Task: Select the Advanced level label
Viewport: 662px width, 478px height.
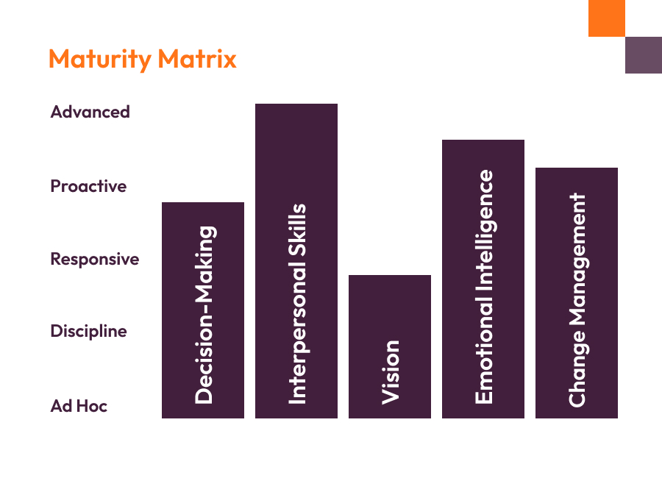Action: [x=90, y=112]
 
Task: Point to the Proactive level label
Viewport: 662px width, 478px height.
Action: [x=88, y=186]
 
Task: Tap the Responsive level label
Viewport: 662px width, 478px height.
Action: [x=94, y=259]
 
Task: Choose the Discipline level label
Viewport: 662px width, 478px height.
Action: [x=88, y=331]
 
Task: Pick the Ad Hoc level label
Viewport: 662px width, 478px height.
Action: [x=79, y=406]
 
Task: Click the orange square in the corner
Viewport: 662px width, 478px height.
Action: [x=607, y=18]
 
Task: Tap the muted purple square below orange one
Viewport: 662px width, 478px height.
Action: [x=644, y=55]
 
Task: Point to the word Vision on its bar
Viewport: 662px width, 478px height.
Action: [x=391, y=372]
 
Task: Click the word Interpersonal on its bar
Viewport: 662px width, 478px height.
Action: [x=297, y=342]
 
